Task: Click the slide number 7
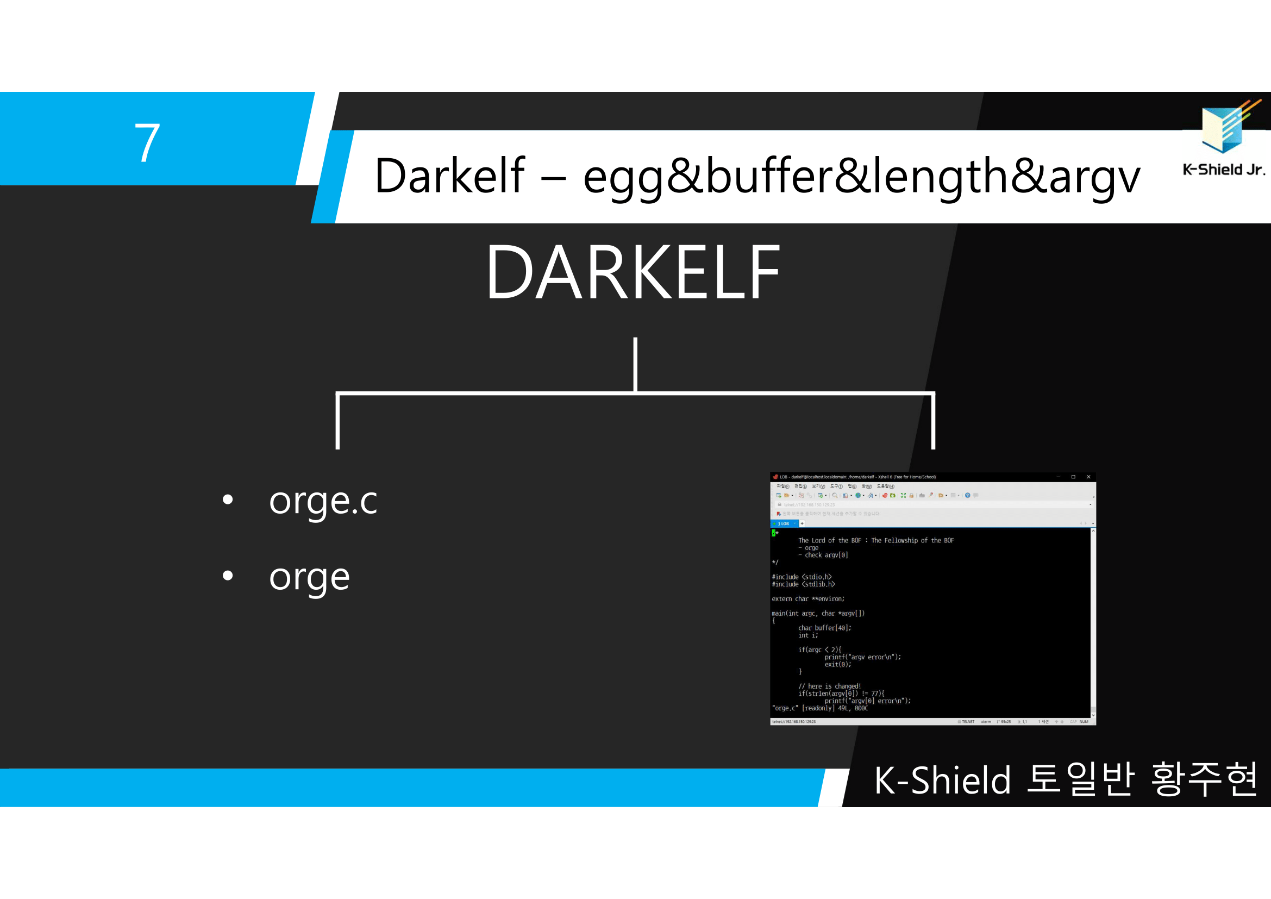(147, 142)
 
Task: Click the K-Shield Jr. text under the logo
(1224, 170)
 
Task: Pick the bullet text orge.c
(323, 501)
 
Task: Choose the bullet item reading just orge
(309, 578)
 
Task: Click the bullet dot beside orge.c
(228, 500)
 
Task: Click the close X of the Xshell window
(1088, 477)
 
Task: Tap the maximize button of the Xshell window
(1073, 477)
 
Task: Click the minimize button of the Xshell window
(1059, 477)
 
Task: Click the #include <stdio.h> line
(802, 577)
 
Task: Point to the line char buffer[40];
(824, 628)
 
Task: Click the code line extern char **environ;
(807, 599)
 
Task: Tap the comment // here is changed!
(829, 686)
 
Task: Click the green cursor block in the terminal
(774, 533)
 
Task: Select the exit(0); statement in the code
(837, 664)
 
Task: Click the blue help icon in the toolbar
(968, 496)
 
